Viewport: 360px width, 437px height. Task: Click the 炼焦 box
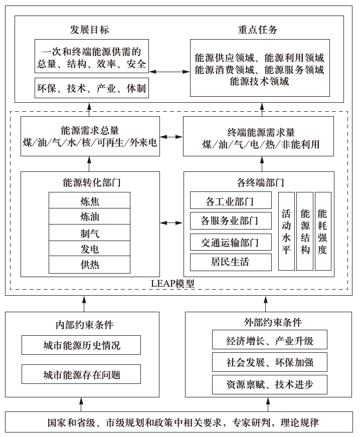pos(89,201)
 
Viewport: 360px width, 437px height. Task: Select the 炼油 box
pos(89,217)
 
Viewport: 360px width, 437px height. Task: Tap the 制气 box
pos(89,233)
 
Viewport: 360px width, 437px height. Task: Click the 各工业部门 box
pos(230,201)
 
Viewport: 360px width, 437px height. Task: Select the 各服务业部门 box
pos(230,221)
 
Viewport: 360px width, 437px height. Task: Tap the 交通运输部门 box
pos(230,242)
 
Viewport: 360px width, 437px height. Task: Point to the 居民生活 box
pos(230,262)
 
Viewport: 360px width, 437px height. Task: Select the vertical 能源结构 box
pos(304,232)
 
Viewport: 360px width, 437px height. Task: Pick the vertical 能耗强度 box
pos(322,232)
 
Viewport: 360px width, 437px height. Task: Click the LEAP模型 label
pos(173,284)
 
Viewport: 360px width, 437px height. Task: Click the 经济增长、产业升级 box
pos(270,341)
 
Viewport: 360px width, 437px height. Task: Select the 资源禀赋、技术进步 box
pos(270,384)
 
